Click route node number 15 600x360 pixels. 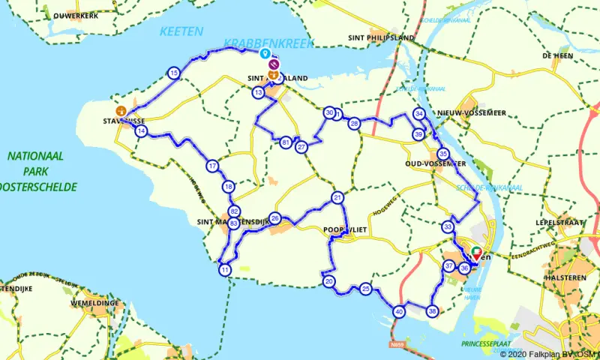point(174,73)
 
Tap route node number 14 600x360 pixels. point(141,131)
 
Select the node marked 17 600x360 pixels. point(213,166)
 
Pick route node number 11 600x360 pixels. point(225,270)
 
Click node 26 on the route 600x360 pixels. point(275,219)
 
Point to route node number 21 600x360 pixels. point(337,198)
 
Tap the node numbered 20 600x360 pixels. point(329,281)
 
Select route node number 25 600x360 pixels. point(365,289)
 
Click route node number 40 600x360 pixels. point(399,311)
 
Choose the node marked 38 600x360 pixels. point(432,310)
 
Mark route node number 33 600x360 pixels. point(448,226)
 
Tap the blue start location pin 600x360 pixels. point(264,53)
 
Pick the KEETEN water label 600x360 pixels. point(181,31)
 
